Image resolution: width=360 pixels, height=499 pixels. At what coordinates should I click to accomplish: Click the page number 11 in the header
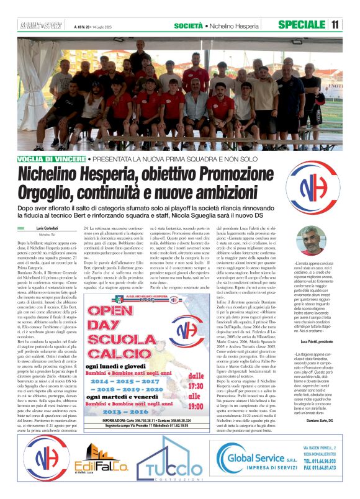tap(335, 24)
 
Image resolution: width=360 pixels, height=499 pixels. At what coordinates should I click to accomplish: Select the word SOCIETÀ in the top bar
tap(188, 24)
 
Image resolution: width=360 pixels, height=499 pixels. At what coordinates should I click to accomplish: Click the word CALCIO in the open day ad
tap(132, 337)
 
